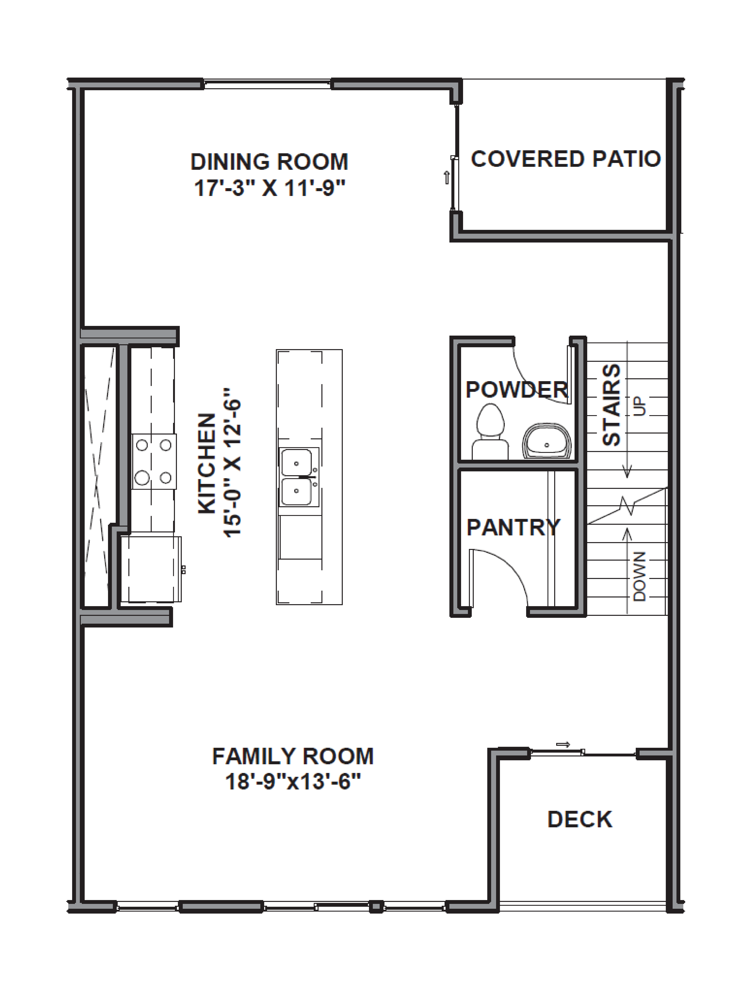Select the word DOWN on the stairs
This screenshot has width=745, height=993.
click(x=639, y=576)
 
